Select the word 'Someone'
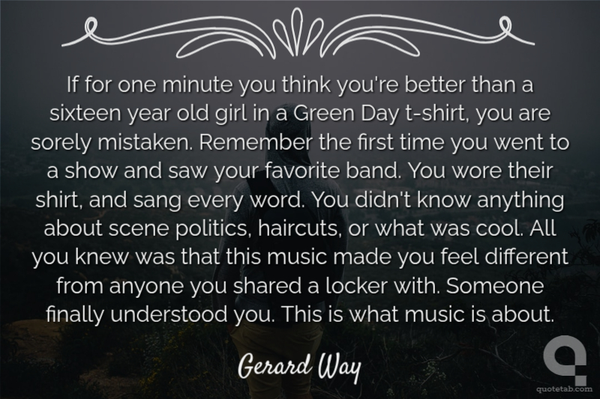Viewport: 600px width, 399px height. pos(495,286)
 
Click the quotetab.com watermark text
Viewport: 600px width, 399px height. pos(565,389)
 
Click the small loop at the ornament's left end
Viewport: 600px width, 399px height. pos(90,28)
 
